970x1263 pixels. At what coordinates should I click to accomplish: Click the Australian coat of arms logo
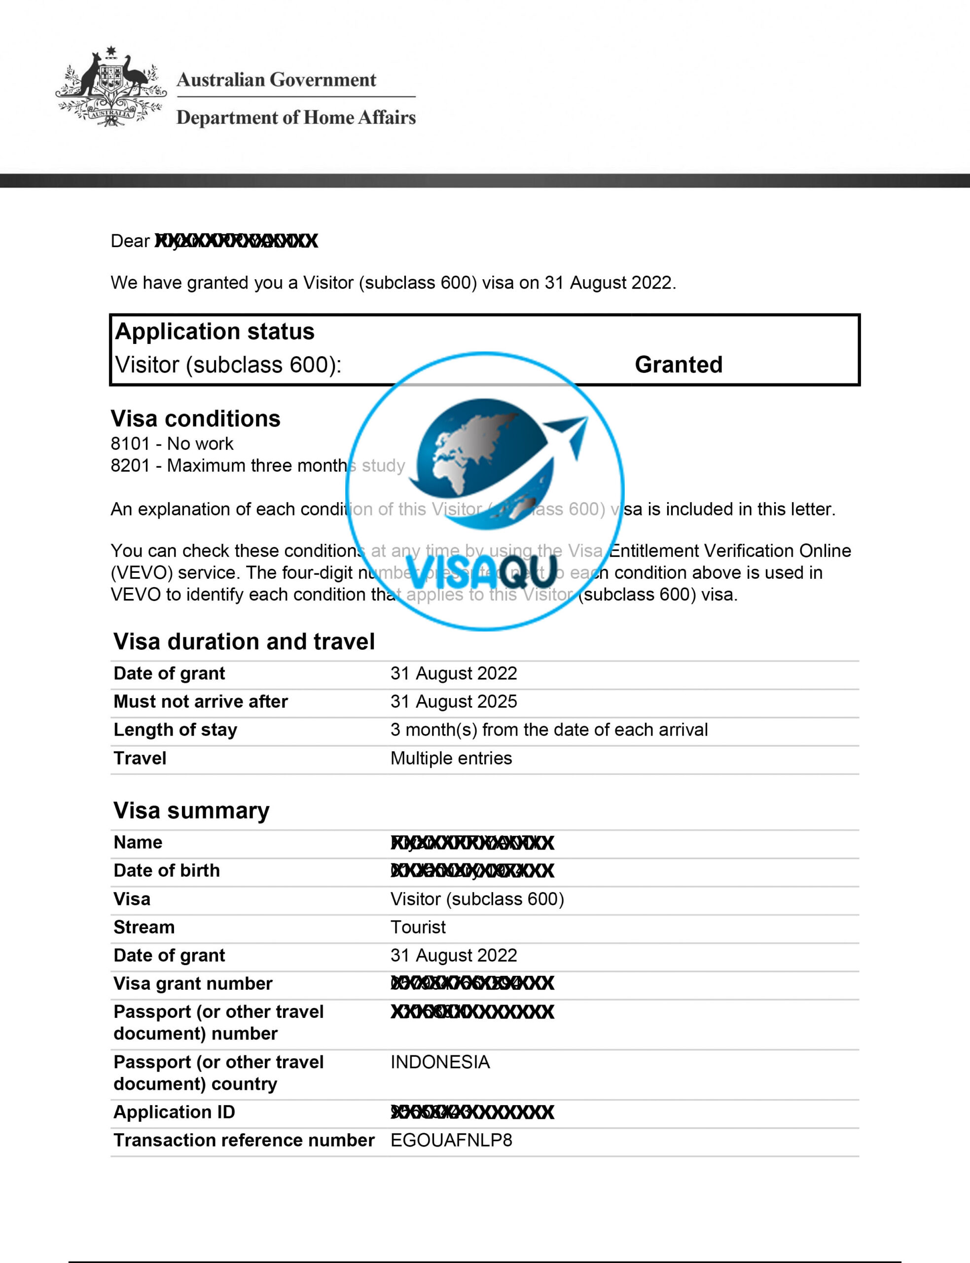coord(111,87)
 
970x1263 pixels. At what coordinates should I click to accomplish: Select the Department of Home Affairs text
coord(295,117)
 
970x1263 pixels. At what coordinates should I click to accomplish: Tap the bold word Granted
coord(679,365)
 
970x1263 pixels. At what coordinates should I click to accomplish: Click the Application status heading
coord(215,332)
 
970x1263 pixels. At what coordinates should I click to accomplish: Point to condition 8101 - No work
coord(172,444)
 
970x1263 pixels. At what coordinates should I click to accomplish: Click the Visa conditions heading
coord(195,419)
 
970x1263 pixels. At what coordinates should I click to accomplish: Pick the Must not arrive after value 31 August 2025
coord(453,701)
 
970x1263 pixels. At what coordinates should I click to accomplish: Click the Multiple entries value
coord(451,758)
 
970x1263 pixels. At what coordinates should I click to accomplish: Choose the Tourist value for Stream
coord(418,927)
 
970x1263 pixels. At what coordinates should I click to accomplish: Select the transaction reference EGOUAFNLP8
coord(451,1140)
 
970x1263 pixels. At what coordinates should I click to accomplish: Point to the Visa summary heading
coord(191,810)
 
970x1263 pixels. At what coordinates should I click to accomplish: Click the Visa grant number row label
coord(193,983)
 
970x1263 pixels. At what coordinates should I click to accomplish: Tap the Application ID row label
coord(175,1112)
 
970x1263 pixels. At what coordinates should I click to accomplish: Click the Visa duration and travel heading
coord(244,641)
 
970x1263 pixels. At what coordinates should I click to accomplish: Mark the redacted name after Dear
coord(236,241)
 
